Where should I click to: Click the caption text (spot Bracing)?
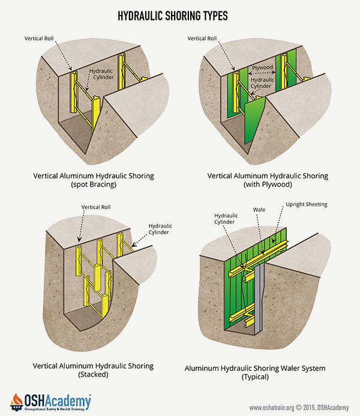(94, 185)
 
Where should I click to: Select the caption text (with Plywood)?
(268, 185)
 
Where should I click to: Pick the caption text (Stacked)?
(94, 375)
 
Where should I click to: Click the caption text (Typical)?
(267, 377)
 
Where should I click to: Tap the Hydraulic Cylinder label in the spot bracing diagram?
(101, 74)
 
